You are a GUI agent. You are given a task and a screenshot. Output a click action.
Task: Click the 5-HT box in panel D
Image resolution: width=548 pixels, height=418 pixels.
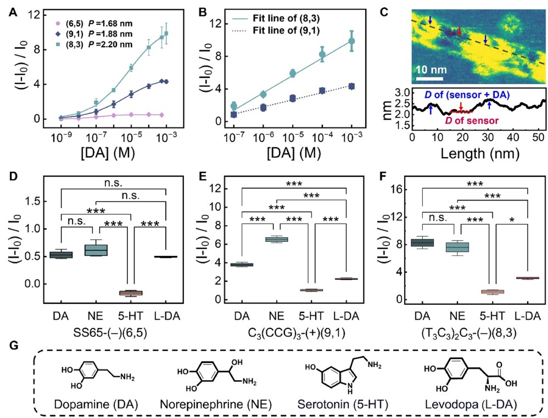pyautogui.click(x=131, y=292)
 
